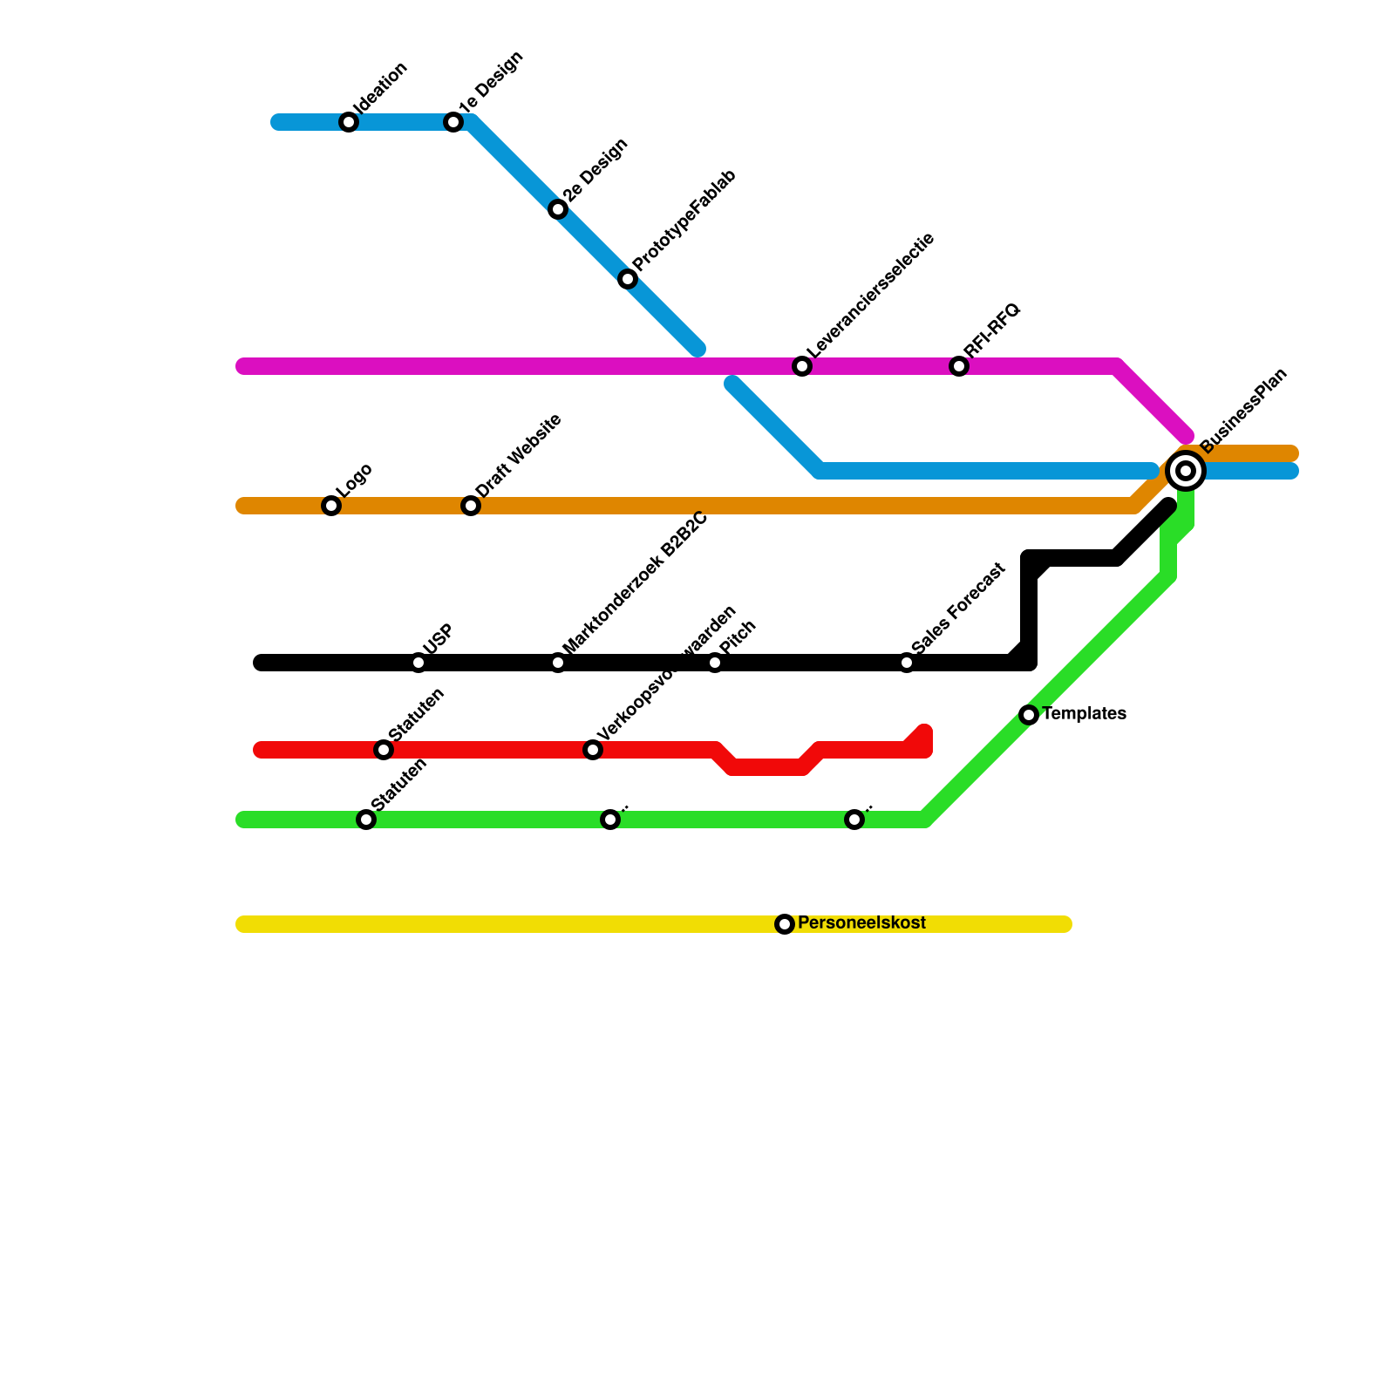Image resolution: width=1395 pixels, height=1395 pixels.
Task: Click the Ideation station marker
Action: pyautogui.click(x=349, y=122)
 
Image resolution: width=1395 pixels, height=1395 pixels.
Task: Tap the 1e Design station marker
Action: pyautogui.click(x=453, y=122)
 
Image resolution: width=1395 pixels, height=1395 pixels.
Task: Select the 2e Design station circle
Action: pyautogui.click(x=558, y=209)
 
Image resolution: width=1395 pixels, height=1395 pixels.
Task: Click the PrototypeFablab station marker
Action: pyautogui.click(x=628, y=279)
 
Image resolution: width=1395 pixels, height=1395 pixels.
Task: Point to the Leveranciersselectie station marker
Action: pyautogui.click(x=802, y=366)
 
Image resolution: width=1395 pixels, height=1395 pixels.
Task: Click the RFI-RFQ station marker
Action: pyautogui.click(x=959, y=366)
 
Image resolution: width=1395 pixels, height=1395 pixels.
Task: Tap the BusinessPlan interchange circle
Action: pyautogui.click(x=1186, y=471)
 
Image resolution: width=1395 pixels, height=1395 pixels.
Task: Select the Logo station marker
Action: pyautogui.click(x=331, y=506)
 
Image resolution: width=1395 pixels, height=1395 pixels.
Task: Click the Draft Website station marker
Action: pyautogui.click(x=471, y=506)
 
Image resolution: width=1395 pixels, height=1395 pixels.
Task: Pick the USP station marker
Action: pyautogui.click(x=418, y=663)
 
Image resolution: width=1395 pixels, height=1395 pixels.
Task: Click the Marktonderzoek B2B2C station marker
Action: pyautogui.click(x=558, y=663)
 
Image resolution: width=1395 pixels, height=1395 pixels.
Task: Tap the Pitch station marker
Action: pyautogui.click(x=715, y=663)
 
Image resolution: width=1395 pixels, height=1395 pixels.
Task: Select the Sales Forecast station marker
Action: pyautogui.click(x=907, y=663)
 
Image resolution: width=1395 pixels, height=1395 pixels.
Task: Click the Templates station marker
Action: pyautogui.click(x=1029, y=715)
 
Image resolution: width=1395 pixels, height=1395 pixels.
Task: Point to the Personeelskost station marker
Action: pyautogui.click(x=785, y=924)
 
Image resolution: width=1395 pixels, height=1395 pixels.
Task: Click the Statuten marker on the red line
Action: pyautogui.click(x=384, y=750)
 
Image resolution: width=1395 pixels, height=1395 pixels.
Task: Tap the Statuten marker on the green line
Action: pyautogui.click(x=366, y=820)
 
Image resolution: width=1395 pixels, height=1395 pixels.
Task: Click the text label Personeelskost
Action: pyautogui.click(x=861, y=923)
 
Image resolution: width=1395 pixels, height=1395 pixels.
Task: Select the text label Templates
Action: pyautogui.click(x=1084, y=714)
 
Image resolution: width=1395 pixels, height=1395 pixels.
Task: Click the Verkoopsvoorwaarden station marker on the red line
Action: pyautogui.click(x=593, y=750)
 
